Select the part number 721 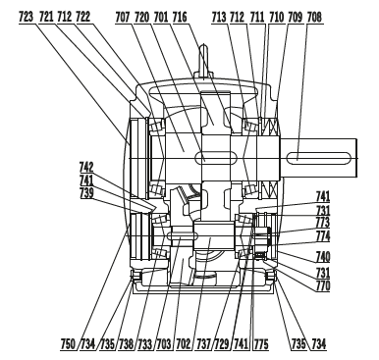pos(45,16)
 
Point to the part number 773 pos(322,223)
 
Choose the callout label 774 pos(322,236)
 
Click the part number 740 pos(322,256)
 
